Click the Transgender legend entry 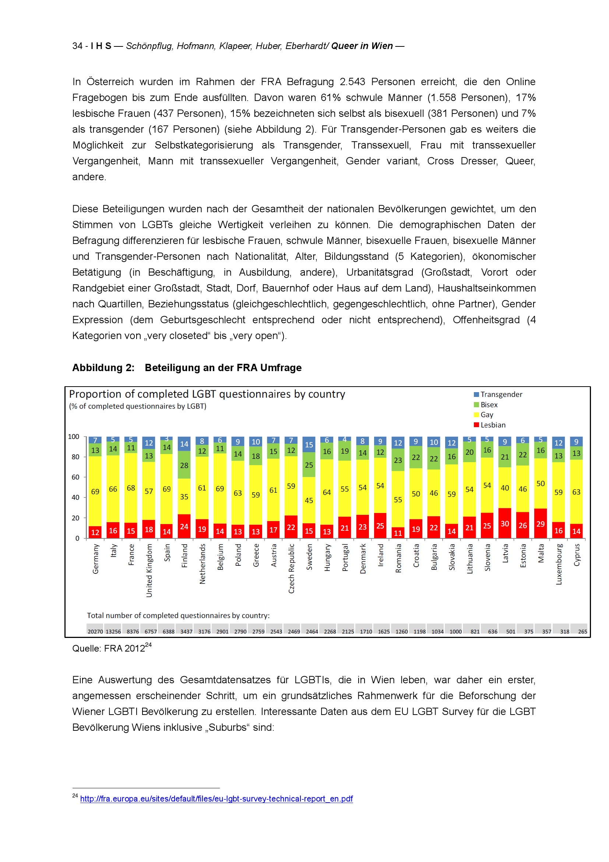501,394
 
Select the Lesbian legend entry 492,425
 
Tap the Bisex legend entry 489,405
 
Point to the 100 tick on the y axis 74,437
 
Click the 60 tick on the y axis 75,477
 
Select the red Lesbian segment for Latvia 505,523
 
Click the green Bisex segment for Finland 184,465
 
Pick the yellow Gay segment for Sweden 309,500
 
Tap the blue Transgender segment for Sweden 309,444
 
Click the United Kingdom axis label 149,570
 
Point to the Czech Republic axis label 291,568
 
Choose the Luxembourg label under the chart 559,564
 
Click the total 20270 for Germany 95,632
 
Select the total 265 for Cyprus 582,632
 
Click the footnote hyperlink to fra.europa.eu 217,799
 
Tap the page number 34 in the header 77,46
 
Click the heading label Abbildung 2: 103,367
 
